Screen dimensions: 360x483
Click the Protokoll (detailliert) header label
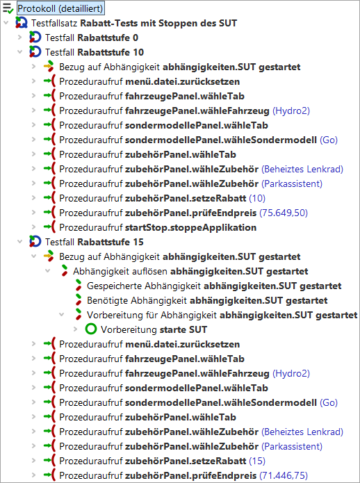pyautogui.click(x=60, y=8)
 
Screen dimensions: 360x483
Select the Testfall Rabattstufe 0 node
pyautogui.click(x=92, y=38)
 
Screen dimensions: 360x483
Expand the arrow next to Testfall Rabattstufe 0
pyautogui.click(x=20, y=38)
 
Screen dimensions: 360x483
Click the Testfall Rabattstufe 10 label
pyautogui.click(x=95, y=52)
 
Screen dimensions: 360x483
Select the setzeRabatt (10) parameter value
pyautogui.click(x=257, y=198)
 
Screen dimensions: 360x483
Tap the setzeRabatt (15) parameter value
pyautogui.click(x=257, y=461)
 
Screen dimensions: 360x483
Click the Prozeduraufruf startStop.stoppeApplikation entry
pyautogui.click(x=158, y=227)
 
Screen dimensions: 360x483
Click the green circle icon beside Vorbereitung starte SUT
pyautogui.click(x=91, y=329)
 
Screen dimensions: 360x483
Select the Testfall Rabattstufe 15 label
pyautogui.click(x=95, y=242)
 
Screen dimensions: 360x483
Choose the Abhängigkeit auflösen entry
pyautogui.click(x=190, y=271)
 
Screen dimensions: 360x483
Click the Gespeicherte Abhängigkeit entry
pyautogui.click(x=214, y=286)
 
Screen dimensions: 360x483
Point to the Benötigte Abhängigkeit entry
pyautogui.click(x=207, y=300)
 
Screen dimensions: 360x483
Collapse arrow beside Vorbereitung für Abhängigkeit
pyautogui.click(x=62, y=315)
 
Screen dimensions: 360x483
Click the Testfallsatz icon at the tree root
pyautogui.click(x=22, y=22)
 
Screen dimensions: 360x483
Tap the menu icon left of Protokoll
pyautogui.click(x=8, y=8)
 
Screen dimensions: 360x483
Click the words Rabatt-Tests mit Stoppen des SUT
pyautogui.click(x=158, y=23)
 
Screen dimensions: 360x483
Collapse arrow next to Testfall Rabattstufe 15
pyautogui.click(x=20, y=242)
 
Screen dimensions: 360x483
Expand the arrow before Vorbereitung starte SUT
pyautogui.click(x=76, y=329)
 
